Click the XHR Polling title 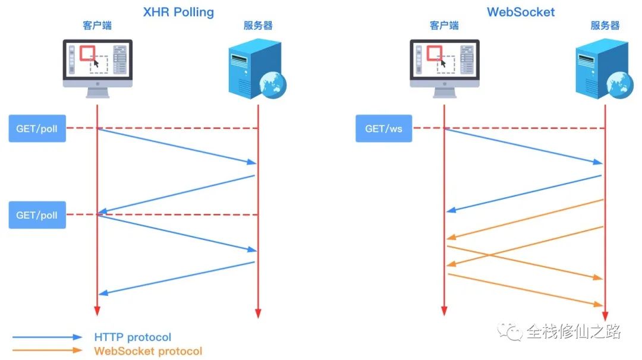pos(178,11)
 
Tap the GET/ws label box pos(383,128)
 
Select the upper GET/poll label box pos(37,128)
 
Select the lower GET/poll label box pos(37,214)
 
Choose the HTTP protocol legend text pos(133,337)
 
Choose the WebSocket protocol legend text pos(148,351)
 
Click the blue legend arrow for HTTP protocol pos(48,337)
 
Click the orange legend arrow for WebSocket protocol pos(48,350)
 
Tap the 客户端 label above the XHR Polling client pos(97,26)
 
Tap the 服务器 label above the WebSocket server pos(605,26)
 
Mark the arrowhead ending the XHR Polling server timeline pos(258,312)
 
